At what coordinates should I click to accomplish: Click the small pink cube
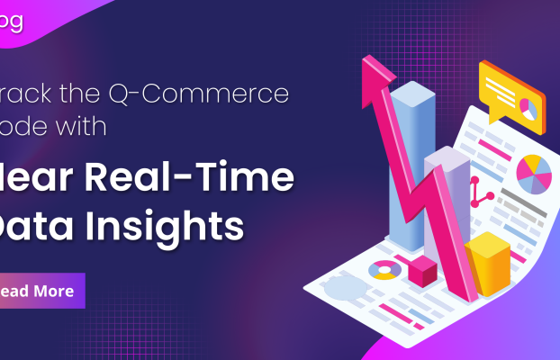421,268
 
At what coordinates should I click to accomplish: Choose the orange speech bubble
510,93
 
